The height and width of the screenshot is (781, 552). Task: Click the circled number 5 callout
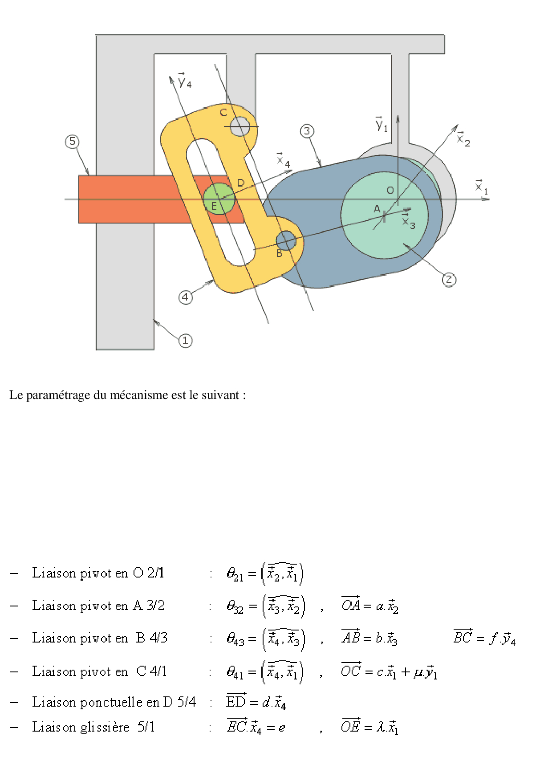tap(73, 142)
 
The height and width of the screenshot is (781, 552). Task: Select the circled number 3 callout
tap(307, 131)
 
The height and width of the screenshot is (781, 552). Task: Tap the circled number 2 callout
tap(449, 280)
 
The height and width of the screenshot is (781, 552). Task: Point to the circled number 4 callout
tap(186, 297)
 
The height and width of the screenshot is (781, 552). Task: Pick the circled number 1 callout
tap(186, 341)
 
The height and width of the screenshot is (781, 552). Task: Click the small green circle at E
tap(219, 199)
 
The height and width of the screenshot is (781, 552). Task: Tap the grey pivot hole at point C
tap(240, 126)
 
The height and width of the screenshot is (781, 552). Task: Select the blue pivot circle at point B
tap(286, 241)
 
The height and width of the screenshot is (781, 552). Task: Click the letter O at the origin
tap(390, 191)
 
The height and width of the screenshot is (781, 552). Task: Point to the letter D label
tap(241, 183)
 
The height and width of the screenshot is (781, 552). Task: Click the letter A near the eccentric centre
tap(377, 208)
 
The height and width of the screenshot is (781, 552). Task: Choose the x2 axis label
tap(463, 139)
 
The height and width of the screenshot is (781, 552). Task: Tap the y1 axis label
tap(382, 124)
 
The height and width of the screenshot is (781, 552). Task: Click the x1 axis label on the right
tap(482, 187)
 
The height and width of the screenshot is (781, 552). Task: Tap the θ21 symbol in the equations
tap(235, 574)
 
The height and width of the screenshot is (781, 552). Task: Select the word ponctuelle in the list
tap(112, 702)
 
